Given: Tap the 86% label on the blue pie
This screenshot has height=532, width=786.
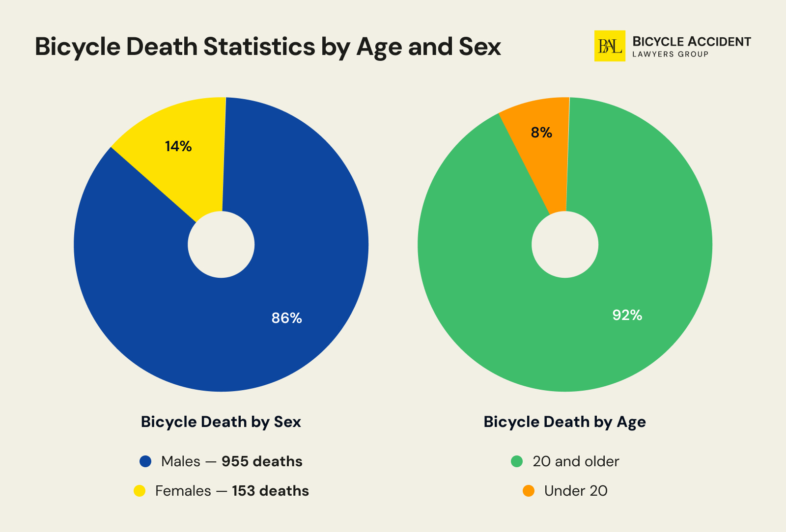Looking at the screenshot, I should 286,318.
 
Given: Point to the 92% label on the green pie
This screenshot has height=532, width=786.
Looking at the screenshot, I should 627,315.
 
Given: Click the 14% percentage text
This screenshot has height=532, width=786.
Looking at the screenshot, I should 178,146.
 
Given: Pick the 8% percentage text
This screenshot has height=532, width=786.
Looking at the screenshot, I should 541,133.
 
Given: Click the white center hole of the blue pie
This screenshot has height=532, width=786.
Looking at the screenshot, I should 221,244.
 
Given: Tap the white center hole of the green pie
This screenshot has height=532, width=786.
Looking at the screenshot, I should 565,244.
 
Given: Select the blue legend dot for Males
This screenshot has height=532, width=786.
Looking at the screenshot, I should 145,461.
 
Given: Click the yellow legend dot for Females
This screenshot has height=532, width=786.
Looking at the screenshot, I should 140,491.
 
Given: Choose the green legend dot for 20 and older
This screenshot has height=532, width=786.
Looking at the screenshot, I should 517,461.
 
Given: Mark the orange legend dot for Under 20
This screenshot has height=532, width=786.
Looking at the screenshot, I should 529,491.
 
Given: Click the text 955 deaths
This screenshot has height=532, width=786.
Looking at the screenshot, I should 262,461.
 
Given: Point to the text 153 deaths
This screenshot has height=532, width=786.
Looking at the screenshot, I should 270,491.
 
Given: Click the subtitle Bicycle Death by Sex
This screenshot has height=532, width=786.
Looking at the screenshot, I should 221,422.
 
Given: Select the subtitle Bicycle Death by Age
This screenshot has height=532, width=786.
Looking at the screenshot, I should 564,422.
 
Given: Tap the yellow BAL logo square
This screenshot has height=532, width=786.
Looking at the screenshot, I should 610,46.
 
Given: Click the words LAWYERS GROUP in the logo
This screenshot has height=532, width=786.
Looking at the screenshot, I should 670,54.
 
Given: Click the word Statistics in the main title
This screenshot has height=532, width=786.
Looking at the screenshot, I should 259,47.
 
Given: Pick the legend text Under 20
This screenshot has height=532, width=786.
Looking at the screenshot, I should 576,491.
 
